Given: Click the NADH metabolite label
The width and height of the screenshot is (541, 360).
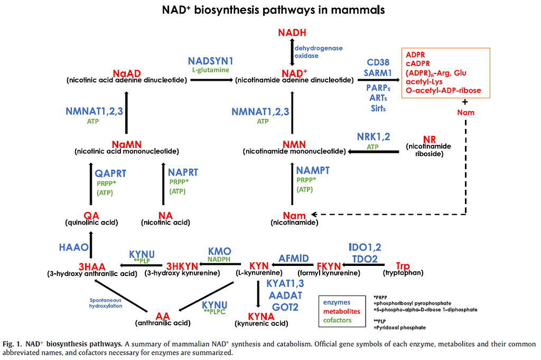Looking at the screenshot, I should [x=292, y=33].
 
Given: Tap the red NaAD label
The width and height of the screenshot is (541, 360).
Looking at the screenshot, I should [x=126, y=72].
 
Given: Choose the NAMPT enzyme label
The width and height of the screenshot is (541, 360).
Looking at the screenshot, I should [x=313, y=170].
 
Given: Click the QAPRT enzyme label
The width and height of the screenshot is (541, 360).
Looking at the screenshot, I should [x=110, y=173].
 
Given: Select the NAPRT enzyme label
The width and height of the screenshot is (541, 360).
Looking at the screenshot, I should [x=183, y=172].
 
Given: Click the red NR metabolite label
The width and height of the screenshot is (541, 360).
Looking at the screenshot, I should [x=429, y=139].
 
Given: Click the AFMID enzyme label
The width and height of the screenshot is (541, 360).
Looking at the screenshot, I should [x=293, y=258].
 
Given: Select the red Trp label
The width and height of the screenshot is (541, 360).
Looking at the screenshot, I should [x=402, y=265].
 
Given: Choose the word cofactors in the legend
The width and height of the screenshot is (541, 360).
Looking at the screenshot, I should [x=337, y=320].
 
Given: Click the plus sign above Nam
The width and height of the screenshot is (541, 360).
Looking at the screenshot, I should [x=465, y=101].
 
